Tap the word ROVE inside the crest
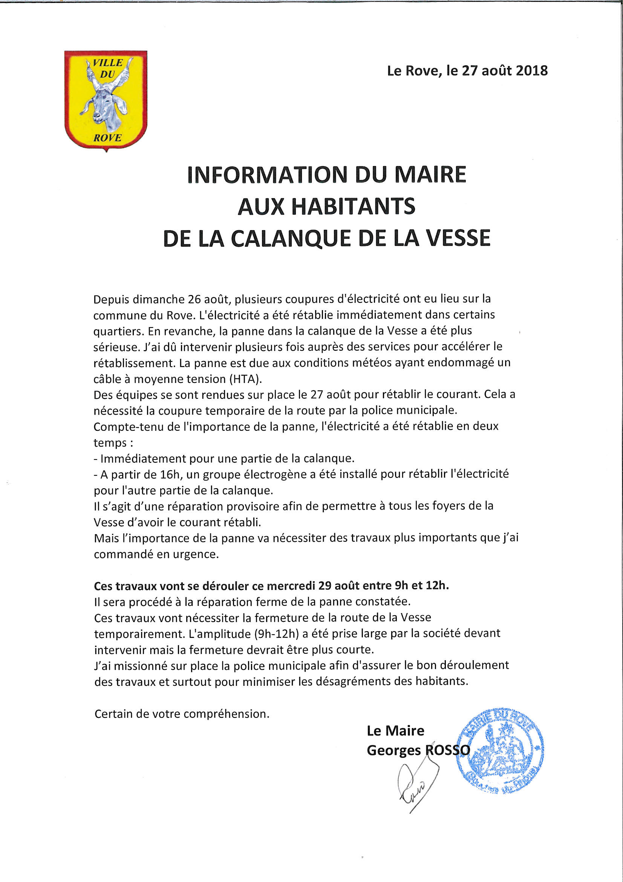click(x=107, y=138)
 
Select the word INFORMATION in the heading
click(x=267, y=175)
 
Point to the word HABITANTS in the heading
click(x=353, y=206)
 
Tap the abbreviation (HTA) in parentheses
click(x=245, y=379)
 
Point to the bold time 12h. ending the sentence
click(x=437, y=585)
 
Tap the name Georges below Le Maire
click(x=393, y=751)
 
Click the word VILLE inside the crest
click(x=108, y=63)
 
